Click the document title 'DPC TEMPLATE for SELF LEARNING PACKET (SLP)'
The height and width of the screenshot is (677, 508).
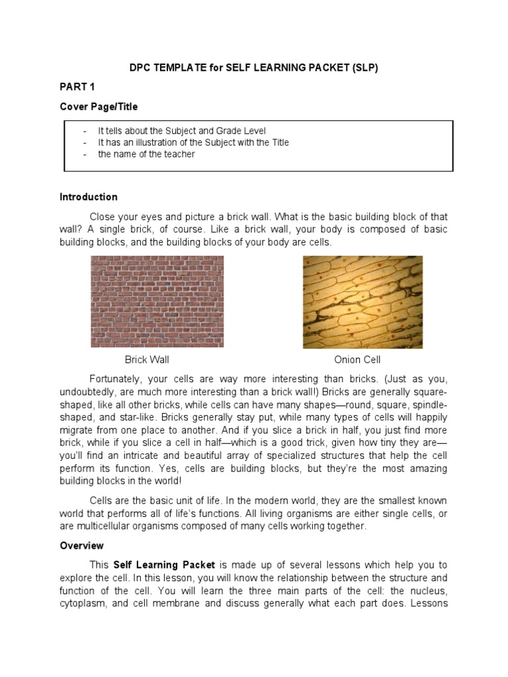[x=253, y=68]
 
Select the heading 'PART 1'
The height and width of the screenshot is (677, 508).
[x=78, y=87]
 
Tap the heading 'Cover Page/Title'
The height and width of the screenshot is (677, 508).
[x=99, y=106]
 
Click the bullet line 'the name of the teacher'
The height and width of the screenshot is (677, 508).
[x=146, y=154]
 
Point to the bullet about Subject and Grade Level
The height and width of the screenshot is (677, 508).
[x=181, y=132]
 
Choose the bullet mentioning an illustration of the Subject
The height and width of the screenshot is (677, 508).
[x=193, y=143]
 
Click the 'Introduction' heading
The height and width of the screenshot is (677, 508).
[x=89, y=197]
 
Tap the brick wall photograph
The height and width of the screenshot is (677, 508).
[x=157, y=301]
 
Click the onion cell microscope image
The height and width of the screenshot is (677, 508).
[x=362, y=301]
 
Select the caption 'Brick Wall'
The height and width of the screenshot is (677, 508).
[x=147, y=360]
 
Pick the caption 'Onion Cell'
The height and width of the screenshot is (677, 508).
[x=357, y=360]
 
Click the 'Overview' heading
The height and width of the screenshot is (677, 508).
[x=81, y=546]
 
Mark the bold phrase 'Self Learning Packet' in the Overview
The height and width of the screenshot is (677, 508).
[x=164, y=565]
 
